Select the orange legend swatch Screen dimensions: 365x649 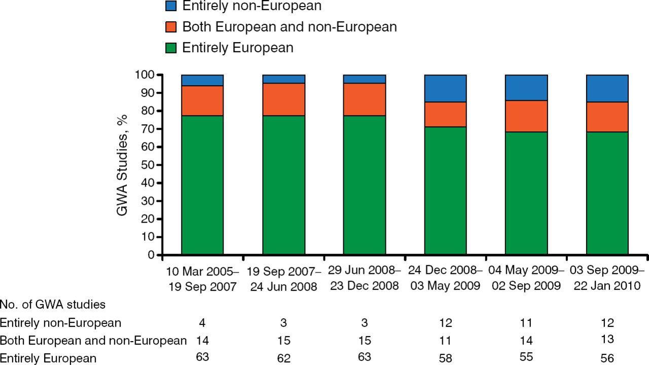(x=171, y=26)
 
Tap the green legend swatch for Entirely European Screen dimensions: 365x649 (x=171, y=48)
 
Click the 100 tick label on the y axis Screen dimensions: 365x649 (x=145, y=75)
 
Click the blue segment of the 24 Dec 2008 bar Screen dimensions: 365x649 (x=445, y=88)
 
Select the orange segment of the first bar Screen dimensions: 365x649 (x=202, y=101)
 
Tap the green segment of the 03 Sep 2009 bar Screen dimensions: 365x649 (x=607, y=193)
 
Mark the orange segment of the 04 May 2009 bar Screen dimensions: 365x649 (x=526, y=116)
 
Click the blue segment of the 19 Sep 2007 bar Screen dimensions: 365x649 (x=283, y=79)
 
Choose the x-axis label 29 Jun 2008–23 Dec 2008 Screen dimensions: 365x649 (x=365, y=277)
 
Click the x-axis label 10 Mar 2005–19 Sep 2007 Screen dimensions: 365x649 (x=202, y=278)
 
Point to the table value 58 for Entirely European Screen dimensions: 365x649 (x=446, y=358)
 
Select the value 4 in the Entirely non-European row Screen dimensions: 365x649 (x=202, y=322)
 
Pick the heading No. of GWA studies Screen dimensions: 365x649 (x=53, y=305)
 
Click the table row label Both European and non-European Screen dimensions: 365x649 (x=93, y=341)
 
